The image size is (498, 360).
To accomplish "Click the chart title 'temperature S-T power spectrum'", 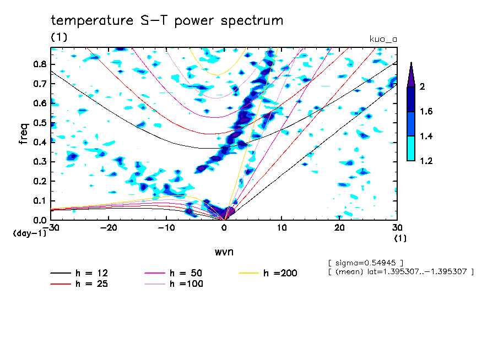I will tap(167, 21).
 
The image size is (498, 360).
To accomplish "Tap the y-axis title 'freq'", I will tap(24, 133).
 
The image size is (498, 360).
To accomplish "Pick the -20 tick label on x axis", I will tap(109, 227).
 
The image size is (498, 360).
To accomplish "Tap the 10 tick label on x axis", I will tap(282, 227).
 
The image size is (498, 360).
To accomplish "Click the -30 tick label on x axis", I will tap(51, 227).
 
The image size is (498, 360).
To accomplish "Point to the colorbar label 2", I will tap(422, 87).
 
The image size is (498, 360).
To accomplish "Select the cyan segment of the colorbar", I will tap(411, 149).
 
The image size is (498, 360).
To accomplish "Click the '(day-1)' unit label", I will tap(30, 233).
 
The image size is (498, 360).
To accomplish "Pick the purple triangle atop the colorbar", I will tap(411, 74).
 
